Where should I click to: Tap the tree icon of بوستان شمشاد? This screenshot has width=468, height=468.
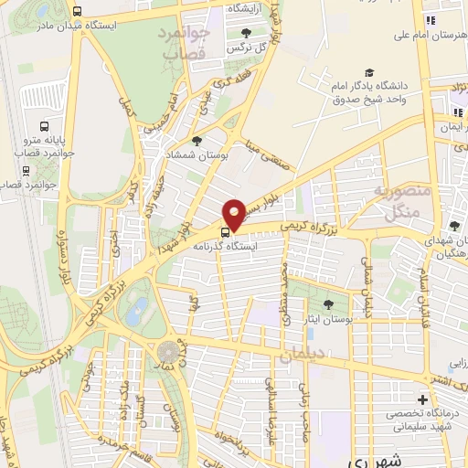(197, 141)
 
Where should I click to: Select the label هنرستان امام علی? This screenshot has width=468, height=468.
(427, 36)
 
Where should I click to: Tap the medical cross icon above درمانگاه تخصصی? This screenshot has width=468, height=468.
(421, 400)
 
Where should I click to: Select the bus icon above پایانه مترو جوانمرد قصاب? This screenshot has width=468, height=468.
(43, 126)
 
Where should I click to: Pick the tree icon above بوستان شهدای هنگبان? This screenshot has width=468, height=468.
(455, 225)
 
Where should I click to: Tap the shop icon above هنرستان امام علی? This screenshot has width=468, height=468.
(427, 20)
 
